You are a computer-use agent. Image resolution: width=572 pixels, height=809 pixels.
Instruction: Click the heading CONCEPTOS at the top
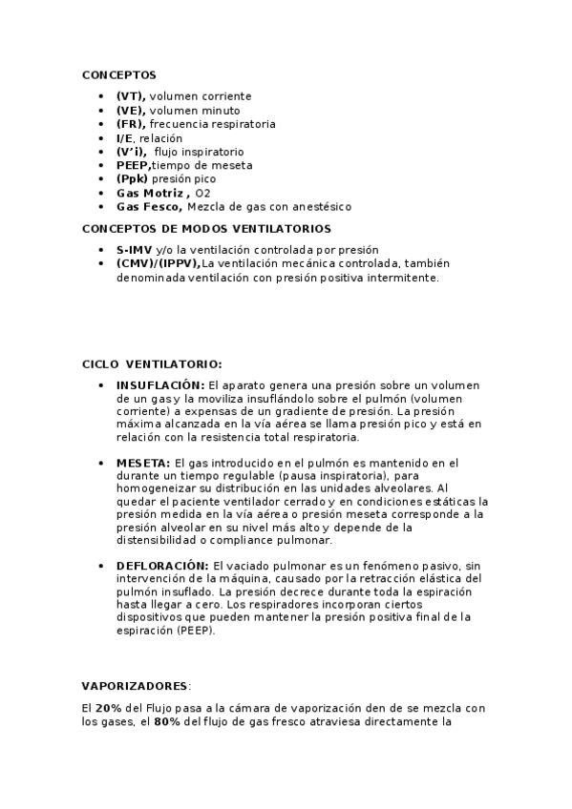[x=118, y=74]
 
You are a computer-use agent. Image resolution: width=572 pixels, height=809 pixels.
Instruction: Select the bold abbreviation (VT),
[x=131, y=96]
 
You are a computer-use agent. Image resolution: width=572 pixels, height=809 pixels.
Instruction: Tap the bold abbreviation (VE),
[x=131, y=111]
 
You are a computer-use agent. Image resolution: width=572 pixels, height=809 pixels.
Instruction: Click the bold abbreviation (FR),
[x=131, y=124]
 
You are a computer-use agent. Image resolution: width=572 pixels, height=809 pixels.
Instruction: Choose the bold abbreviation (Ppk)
[x=133, y=178]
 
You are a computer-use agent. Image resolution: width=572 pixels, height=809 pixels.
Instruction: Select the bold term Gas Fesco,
[x=150, y=206]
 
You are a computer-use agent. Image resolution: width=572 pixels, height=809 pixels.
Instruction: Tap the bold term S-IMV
[x=134, y=250]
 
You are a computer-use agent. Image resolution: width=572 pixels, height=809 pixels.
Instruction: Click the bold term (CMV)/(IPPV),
[x=158, y=263]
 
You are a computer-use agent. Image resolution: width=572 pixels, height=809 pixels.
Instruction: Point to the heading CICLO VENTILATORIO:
[x=152, y=363]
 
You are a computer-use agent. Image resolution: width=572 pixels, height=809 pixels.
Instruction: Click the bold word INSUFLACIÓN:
[x=160, y=384]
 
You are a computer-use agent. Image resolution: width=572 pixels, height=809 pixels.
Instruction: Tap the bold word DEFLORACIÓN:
[x=162, y=565]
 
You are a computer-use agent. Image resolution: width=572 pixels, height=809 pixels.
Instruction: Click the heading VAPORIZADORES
[x=136, y=686]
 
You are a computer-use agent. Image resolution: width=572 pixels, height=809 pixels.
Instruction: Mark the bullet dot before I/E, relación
[x=101, y=138]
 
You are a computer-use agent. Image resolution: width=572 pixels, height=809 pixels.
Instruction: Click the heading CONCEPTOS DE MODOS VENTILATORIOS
[x=206, y=229]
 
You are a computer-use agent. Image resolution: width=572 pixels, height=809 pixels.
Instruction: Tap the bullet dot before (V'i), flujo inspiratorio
[x=101, y=152]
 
